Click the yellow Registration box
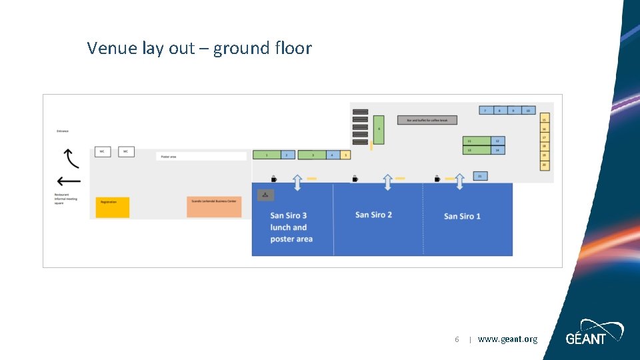(112, 207)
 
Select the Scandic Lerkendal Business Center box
(214, 207)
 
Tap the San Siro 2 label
(373, 215)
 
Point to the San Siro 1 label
(462, 216)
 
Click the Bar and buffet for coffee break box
(427, 120)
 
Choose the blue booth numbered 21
(479, 176)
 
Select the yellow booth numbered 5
(345, 155)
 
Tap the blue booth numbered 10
(528, 110)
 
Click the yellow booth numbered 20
(545, 165)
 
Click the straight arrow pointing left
(69, 181)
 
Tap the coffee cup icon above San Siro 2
(355, 178)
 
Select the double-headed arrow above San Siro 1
(459, 181)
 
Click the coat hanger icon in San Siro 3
(265, 195)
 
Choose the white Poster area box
(202, 157)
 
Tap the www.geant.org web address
(507, 339)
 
